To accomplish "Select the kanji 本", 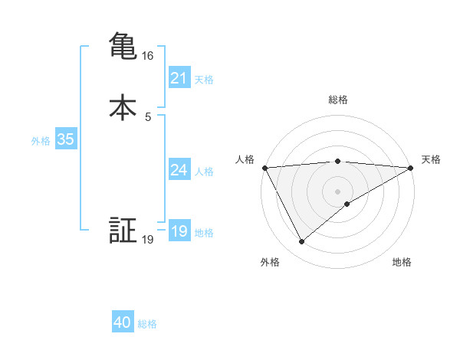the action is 123,108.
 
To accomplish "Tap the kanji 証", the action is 123,231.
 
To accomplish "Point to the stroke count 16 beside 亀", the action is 148,56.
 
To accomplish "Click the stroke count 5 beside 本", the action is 148,116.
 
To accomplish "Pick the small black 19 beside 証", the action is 148,240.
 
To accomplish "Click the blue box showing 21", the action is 179,78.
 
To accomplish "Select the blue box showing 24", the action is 179,170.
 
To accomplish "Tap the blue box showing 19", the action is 179,231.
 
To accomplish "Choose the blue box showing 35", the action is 65,140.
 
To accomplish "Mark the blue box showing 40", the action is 123,323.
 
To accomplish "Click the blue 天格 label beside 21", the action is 204,80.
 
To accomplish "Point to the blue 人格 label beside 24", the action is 204,172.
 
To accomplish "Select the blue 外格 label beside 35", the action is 41,141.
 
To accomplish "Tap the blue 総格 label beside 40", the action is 147,325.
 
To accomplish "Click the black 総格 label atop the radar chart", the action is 338,100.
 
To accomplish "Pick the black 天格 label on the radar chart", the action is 431,159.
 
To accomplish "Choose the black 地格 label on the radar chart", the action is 402,262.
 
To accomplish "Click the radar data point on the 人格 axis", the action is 264,168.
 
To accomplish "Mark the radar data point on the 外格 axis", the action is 301,242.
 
